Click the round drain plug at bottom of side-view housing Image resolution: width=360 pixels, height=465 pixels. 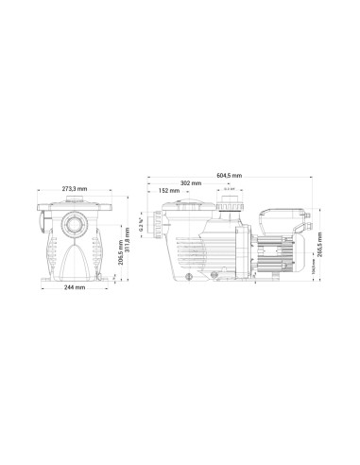point(190,276)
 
